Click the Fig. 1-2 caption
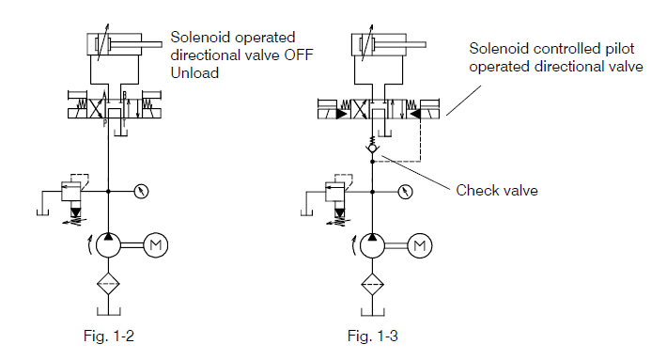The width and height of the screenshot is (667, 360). tap(114, 333)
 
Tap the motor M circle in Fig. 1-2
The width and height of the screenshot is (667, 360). tap(157, 246)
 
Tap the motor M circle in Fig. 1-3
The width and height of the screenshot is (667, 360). tap(420, 246)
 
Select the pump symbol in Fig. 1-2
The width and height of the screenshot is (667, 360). tap(110, 246)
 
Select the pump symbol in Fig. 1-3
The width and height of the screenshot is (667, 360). tap(373, 246)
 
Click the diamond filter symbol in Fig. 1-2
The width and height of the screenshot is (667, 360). tap(110, 284)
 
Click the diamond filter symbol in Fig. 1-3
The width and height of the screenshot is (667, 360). tap(373, 284)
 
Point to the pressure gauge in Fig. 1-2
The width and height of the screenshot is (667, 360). tap(141, 192)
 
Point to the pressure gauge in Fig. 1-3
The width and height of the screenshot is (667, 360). tap(404, 192)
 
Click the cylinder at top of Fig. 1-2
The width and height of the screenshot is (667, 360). tap(111, 44)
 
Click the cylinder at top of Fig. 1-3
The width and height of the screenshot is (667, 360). tap(374, 44)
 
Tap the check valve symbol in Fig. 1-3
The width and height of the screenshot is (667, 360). tap(373, 149)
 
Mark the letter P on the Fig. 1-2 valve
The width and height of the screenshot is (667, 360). tap(103, 121)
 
